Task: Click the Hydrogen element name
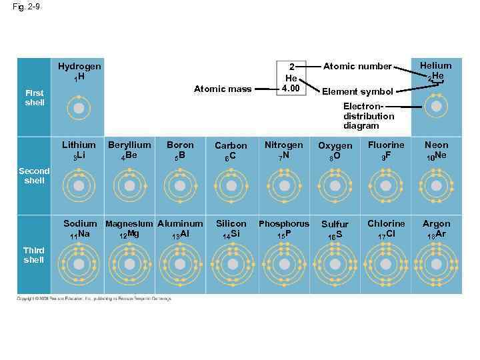79,67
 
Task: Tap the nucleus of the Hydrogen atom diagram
79,107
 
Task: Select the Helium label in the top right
435,66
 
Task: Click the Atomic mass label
223,89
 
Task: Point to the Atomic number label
357,67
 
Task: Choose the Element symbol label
357,91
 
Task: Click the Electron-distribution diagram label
369,116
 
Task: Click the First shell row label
35,98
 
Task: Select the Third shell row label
33,255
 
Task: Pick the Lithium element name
79,145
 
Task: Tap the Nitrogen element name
283,145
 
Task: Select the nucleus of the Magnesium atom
129,264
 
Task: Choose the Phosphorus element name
284,224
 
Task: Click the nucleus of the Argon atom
436,264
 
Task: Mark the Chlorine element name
386,223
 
